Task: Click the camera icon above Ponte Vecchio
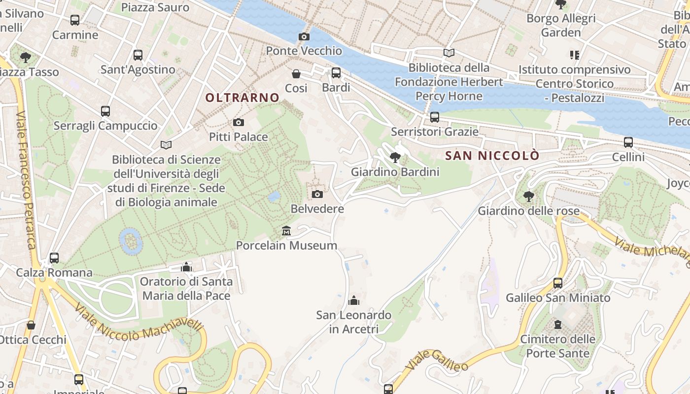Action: coord(304,36)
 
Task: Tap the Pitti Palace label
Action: coord(239,137)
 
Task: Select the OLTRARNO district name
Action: coord(242,98)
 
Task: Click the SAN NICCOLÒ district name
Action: coord(492,156)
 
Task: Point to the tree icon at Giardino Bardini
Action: coord(395,158)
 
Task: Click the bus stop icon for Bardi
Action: coord(336,73)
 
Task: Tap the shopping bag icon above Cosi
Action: coord(296,74)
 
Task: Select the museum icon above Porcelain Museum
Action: coord(286,230)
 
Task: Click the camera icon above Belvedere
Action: coord(317,194)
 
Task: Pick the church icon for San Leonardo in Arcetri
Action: coord(353,300)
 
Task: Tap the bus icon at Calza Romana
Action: coord(54,258)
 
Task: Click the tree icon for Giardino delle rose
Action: coord(529,197)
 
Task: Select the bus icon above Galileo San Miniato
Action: coord(558,283)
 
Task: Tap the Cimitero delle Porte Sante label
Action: coord(557,346)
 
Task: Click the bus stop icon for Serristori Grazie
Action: coord(434,117)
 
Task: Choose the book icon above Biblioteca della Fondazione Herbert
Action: coord(448,53)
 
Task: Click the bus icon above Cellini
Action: coord(628,142)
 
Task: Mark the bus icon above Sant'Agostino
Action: coord(138,55)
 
